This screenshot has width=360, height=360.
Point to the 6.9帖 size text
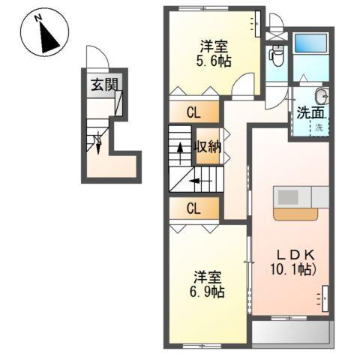pyautogui.click(x=205, y=287)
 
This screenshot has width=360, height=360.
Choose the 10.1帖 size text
pyautogui.click(x=292, y=268)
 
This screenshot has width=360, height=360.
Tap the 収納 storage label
pyautogui.click(x=208, y=146)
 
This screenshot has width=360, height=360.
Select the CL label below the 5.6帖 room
pyautogui.click(x=193, y=114)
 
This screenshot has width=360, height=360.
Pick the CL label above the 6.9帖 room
pyautogui.click(x=193, y=208)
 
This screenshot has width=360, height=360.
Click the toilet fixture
pyautogui.click(x=276, y=54)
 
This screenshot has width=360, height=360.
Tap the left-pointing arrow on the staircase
pyautogui.click(x=196, y=180)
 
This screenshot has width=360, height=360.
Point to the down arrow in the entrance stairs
pyautogui.click(x=98, y=142)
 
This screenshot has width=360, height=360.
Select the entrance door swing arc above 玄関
pyautogui.click(x=96, y=58)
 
